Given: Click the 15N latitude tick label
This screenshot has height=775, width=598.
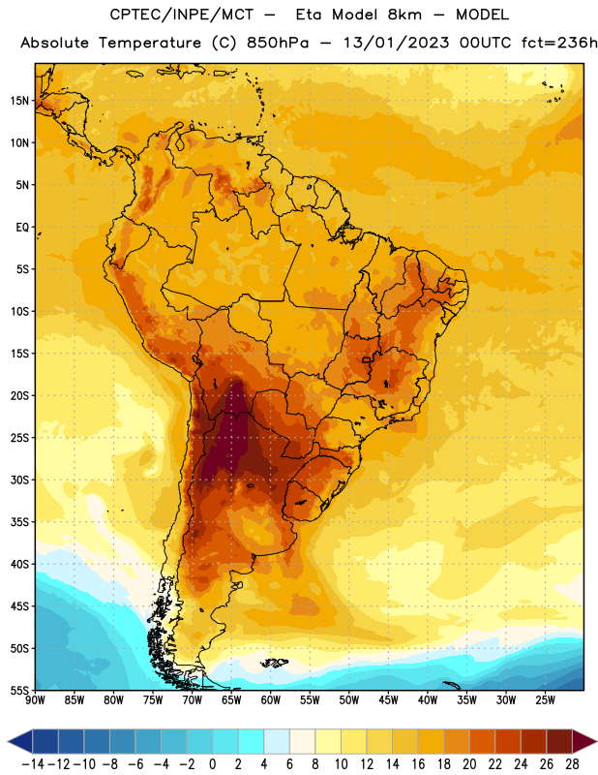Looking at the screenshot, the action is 19,101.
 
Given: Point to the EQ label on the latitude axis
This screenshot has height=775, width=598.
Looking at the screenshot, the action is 22,228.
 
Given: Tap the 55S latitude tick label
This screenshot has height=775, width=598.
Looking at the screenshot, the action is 19,690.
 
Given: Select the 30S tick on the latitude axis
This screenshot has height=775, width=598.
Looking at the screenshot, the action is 19,480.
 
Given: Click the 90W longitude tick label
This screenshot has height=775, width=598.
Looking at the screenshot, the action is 36,700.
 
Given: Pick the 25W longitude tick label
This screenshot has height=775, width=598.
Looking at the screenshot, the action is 545,700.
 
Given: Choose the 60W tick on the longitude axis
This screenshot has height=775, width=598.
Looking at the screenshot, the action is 271,700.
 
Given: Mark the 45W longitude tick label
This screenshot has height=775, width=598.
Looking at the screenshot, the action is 388,700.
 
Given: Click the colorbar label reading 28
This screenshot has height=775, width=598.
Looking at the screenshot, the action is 572,764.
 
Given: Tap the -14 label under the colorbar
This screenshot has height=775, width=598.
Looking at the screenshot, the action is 33,764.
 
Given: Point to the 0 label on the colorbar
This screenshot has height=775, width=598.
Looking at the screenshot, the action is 213,764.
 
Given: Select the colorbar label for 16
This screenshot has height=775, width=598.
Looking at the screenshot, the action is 418,764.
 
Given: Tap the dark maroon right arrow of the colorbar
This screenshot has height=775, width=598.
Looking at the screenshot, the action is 584,741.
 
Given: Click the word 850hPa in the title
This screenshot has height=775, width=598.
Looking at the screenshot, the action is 278,43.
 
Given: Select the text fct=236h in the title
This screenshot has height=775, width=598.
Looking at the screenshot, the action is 559,43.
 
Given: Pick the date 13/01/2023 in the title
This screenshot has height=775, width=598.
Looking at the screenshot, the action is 396,43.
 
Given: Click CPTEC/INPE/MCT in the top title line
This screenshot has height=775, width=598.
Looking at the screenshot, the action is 181,15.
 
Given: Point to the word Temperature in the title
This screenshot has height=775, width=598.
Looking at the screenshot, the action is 150,43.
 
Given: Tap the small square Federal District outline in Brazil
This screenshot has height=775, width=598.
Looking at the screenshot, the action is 366,359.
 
